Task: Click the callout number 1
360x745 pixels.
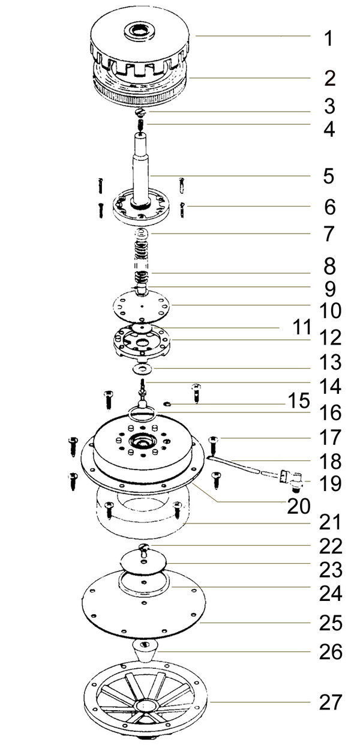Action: tap(328, 38)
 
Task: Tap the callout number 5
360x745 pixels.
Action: tap(328, 176)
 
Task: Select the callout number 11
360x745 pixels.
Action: tap(302, 327)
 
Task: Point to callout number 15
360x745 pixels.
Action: tap(299, 400)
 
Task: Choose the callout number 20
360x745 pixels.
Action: tap(299, 507)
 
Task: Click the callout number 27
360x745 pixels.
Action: tap(331, 702)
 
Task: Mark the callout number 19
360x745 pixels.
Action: tap(331, 484)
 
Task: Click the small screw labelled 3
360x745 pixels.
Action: tap(141, 112)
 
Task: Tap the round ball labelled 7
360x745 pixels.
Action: tap(143, 233)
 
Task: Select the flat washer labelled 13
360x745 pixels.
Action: tap(142, 369)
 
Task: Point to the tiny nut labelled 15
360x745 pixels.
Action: tap(167, 404)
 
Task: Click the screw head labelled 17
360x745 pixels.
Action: tap(213, 439)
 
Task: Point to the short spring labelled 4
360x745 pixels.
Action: tap(140, 125)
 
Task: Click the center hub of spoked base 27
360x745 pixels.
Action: tap(144, 705)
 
